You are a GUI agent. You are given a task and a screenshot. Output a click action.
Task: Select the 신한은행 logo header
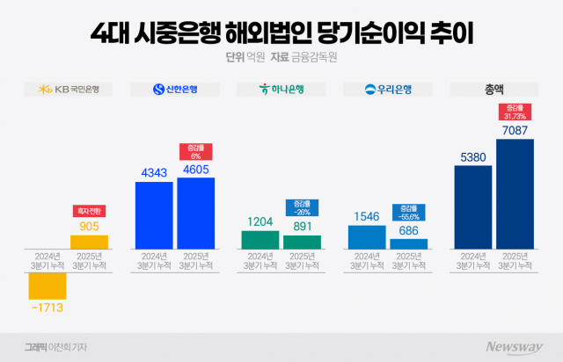[175, 89]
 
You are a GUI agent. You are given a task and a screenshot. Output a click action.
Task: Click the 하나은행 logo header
[281, 89]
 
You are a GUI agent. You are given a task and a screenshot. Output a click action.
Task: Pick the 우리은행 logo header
[387, 89]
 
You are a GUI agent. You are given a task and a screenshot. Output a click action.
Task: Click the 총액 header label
[493, 89]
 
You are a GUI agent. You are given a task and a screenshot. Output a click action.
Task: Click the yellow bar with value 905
[89, 242]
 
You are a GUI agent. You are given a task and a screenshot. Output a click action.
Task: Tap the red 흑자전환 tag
[89, 211]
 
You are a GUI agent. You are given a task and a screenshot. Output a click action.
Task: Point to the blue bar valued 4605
[195, 214]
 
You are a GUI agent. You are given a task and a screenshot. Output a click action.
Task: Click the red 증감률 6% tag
[195, 150]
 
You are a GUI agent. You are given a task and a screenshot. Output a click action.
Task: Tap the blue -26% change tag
[302, 207]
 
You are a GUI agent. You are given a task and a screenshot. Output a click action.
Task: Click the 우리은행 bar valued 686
[408, 243]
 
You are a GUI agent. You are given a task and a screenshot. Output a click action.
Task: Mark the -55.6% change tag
[408, 212]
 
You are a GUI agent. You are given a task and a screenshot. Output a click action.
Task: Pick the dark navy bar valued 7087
[515, 193]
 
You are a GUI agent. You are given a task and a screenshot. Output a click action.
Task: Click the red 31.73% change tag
[515, 111]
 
